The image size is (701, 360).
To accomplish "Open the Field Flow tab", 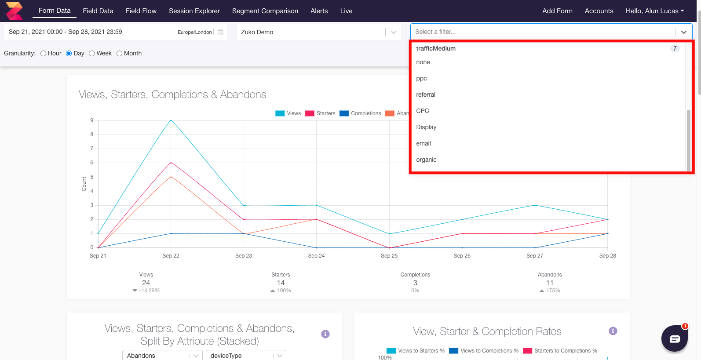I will tap(141, 11).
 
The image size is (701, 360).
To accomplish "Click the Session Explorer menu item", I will tap(194, 11).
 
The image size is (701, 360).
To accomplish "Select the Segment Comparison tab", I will tap(265, 11).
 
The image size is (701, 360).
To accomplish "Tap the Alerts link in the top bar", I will tap(319, 11).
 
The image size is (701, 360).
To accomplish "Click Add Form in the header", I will tap(557, 11).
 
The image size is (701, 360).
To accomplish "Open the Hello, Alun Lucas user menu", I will tap(654, 11).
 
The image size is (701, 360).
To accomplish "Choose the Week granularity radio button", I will tap(92, 54).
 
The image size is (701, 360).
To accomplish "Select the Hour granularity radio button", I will tap(44, 54).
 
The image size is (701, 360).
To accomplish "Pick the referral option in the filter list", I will tap(426, 95).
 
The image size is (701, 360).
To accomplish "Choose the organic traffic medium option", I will tap(426, 160).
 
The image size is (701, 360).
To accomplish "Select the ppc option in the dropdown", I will tap(421, 78).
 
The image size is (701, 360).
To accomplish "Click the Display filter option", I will tap(426, 127).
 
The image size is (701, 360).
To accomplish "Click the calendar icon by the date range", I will tap(220, 32).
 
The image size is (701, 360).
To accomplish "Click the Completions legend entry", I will tap(360, 113).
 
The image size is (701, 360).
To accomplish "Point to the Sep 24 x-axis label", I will tap(316, 256).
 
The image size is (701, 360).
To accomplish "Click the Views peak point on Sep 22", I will tap(171, 120).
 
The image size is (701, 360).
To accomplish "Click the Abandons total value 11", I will tap(550, 283).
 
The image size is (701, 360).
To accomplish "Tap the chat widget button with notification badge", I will tap(675, 338).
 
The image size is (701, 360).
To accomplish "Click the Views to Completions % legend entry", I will tap(484, 351).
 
